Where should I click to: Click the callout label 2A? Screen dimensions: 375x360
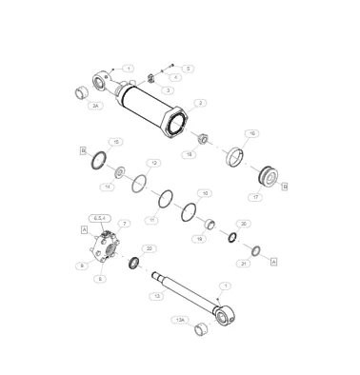click(x=96, y=107)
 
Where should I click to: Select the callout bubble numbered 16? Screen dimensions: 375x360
click(x=252, y=133)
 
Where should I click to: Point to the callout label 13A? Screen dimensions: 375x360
click(x=178, y=321)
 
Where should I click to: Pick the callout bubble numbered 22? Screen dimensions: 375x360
click(x=150, y=248)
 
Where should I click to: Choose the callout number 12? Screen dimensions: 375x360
click(x=152, y=164)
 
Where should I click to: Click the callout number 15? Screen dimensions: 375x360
click(x=115, y=142)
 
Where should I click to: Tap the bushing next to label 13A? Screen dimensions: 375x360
click(x=201, y=330)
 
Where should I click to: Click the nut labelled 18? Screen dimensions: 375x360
click(x=190, y=139)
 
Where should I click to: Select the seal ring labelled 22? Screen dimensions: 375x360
click(x=135, y=262)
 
